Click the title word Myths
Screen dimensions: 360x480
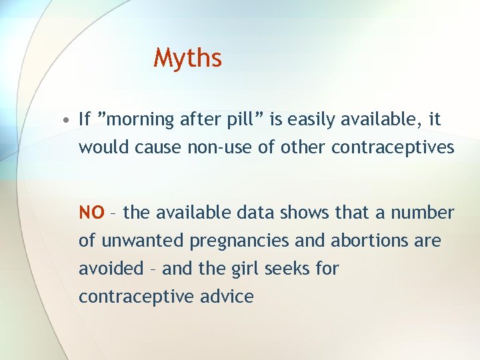187,59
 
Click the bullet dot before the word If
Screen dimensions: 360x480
68,121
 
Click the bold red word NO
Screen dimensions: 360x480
91,213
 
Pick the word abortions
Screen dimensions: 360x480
374,241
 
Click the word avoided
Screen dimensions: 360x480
111,269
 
